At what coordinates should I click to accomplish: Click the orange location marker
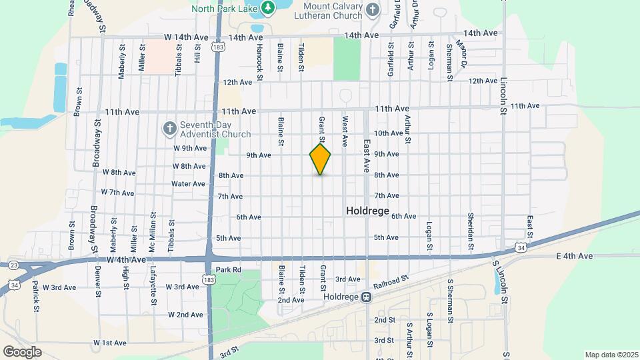[320, 159]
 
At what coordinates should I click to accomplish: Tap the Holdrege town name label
[367, 210]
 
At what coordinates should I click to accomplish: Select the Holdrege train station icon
[366, 297]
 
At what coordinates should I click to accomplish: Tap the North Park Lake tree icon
[268, 8]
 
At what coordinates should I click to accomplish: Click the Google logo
[22, 351]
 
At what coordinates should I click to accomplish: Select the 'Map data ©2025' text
[611, 355]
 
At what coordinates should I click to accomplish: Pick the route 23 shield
[13, 265]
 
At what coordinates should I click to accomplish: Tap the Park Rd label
[227, 270]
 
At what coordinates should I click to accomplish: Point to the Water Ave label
[188, 183]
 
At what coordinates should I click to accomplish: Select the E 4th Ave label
[574, 256]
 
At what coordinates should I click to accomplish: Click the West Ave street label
[345, 132]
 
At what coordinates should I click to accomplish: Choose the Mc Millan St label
[152, 231]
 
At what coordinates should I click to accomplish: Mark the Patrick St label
[36, 291]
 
